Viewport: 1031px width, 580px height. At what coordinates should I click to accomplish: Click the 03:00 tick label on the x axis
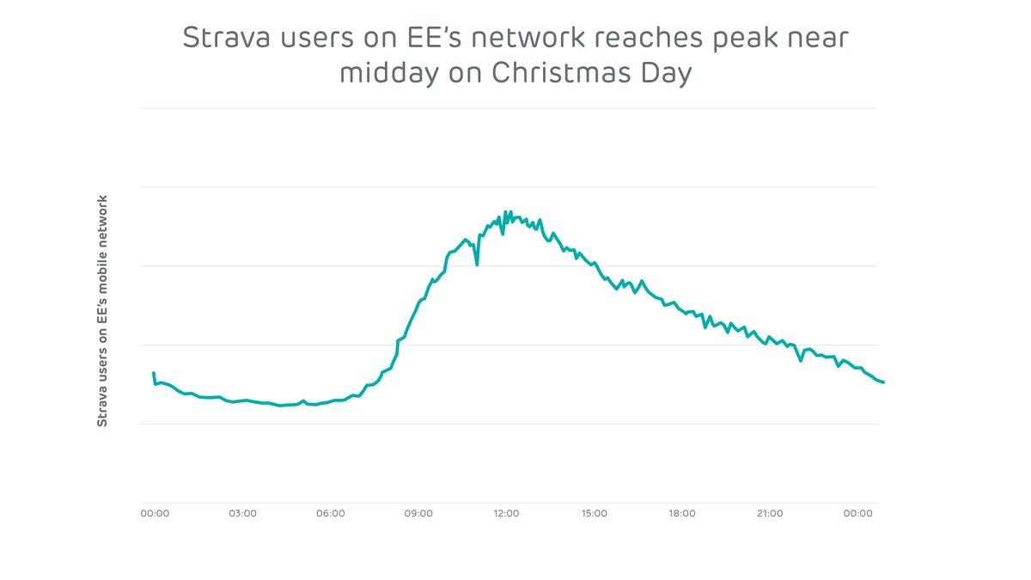point(242,514)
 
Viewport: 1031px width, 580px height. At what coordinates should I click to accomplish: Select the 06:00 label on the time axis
point(331,514)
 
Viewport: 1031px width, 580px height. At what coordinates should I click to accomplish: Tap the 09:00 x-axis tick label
point(418,514)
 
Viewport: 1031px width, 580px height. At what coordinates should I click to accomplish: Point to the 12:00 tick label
point(506,514)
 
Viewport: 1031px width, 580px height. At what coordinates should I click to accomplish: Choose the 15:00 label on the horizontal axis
point(595,514)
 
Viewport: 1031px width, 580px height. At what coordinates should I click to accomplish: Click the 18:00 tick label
point(682,514)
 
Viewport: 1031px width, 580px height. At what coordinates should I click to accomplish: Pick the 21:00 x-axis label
point(770,514)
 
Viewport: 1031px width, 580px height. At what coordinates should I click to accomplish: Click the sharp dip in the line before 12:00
point(477,265)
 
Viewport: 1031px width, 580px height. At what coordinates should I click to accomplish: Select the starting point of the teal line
point(154,373)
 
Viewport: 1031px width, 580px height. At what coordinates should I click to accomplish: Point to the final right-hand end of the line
point(883,382)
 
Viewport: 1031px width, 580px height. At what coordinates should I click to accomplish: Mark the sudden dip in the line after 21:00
point(801,360)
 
